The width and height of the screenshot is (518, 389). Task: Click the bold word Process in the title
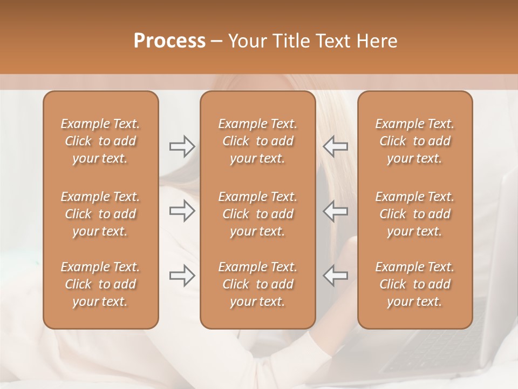(169, 41)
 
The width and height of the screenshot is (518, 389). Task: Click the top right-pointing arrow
(182, 146)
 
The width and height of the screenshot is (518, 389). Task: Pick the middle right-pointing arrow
(182, 211)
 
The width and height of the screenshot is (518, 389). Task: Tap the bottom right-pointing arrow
(182, 276)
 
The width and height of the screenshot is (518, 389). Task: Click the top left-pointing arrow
(336, 146)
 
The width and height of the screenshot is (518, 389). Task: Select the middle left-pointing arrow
(336, 211)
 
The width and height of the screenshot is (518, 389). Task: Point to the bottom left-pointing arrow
(336, 276)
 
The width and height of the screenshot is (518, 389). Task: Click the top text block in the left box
(100, 141)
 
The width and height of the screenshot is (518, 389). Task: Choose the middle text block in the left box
(100, 214)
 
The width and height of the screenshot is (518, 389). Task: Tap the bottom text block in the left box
(100, 284)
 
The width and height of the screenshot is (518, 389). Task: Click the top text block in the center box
(257, 141)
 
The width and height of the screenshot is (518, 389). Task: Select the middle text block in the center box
(257, 214)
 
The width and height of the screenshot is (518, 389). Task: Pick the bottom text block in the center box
(257, 284)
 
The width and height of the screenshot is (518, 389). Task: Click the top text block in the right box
(415, 141)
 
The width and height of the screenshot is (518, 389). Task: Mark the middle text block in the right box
(415, 214)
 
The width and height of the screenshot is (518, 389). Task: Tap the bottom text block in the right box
(415, 284)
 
